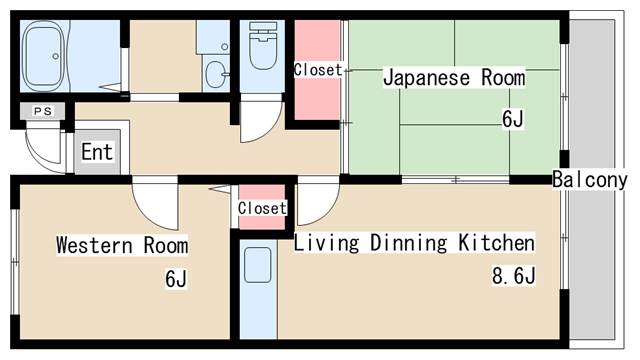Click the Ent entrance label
click(97, 153)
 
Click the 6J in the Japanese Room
click(512, 120)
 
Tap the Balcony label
click(589, 180)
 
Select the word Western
click(91, 245)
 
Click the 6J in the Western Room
click(176, 279)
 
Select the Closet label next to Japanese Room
click(317, 70)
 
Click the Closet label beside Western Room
click(262, 208)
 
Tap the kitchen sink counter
click(257, 285)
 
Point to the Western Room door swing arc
click(156, 205)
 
